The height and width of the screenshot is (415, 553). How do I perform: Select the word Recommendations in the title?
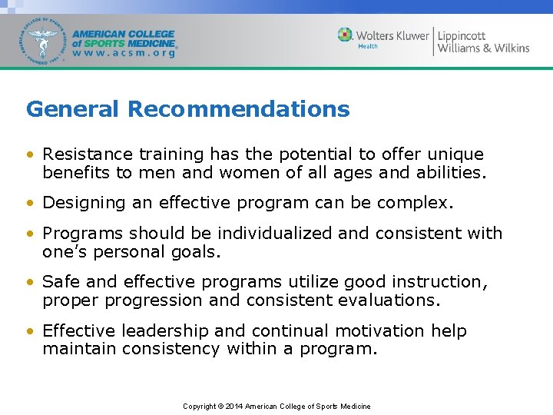point(238,109)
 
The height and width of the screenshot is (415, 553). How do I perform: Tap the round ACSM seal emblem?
point(43,40)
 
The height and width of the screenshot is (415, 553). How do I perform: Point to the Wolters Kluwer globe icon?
point(345,35)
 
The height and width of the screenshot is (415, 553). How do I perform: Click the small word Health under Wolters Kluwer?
point(368,46)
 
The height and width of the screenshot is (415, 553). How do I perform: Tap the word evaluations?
point(389,300)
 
